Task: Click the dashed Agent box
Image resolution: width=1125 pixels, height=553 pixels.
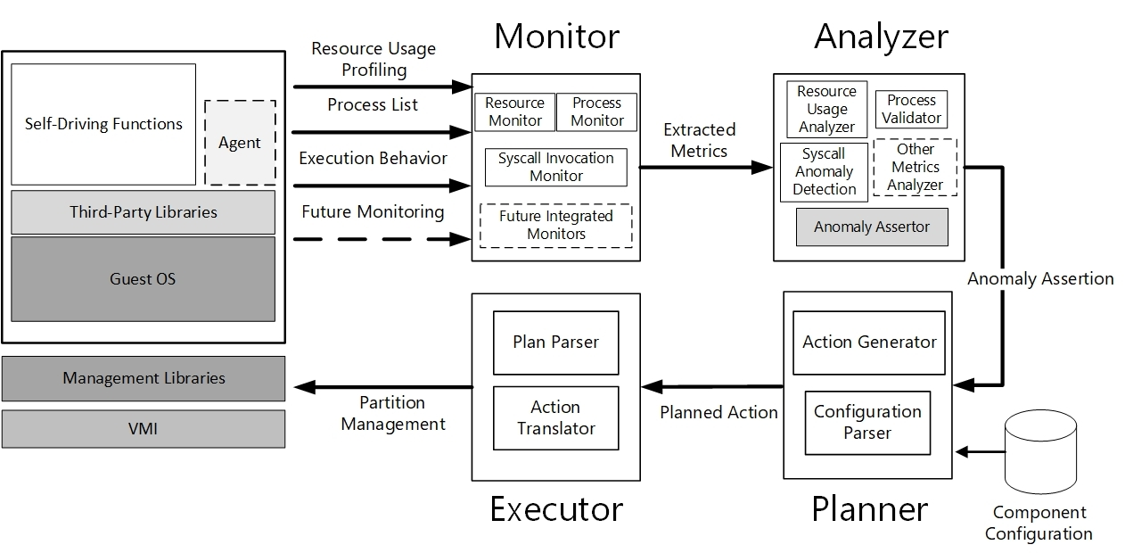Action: click(240, 143)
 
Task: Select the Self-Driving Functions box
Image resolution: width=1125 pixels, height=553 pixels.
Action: click(103, 124)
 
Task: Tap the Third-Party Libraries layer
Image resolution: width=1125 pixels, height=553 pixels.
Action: click(144, 212)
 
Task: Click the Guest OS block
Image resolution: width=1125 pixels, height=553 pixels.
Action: click(144, 279)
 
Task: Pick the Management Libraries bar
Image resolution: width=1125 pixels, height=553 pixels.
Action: click(144, 378)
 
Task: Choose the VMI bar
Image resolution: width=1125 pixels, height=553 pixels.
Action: click(144, 429)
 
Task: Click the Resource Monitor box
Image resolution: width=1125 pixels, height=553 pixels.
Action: click(514, 112)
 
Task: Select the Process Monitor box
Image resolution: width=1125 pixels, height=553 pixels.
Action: click(596, 112)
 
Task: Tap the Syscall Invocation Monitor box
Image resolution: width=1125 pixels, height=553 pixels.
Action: click(556, 167)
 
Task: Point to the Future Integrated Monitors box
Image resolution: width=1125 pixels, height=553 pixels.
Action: click(556, 226)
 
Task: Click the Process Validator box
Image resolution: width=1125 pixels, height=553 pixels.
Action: click(911, 109)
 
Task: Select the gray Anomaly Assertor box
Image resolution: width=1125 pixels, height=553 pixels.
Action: click(872, 227)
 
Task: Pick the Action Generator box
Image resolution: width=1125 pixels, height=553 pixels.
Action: click(869, 343)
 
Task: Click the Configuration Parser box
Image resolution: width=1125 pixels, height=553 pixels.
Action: click(867, 423)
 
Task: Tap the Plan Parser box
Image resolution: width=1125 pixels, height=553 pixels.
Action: click(556, 343)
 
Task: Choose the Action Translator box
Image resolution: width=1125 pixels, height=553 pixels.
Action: click(556, 417)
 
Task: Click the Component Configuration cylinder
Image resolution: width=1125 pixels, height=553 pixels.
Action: click(1040, 451)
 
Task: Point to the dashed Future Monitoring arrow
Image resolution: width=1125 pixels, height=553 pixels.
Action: click(382, 239)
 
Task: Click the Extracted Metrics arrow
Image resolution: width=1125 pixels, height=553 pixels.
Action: click(706, 168)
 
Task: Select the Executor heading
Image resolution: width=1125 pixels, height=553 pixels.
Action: click(556, 508)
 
